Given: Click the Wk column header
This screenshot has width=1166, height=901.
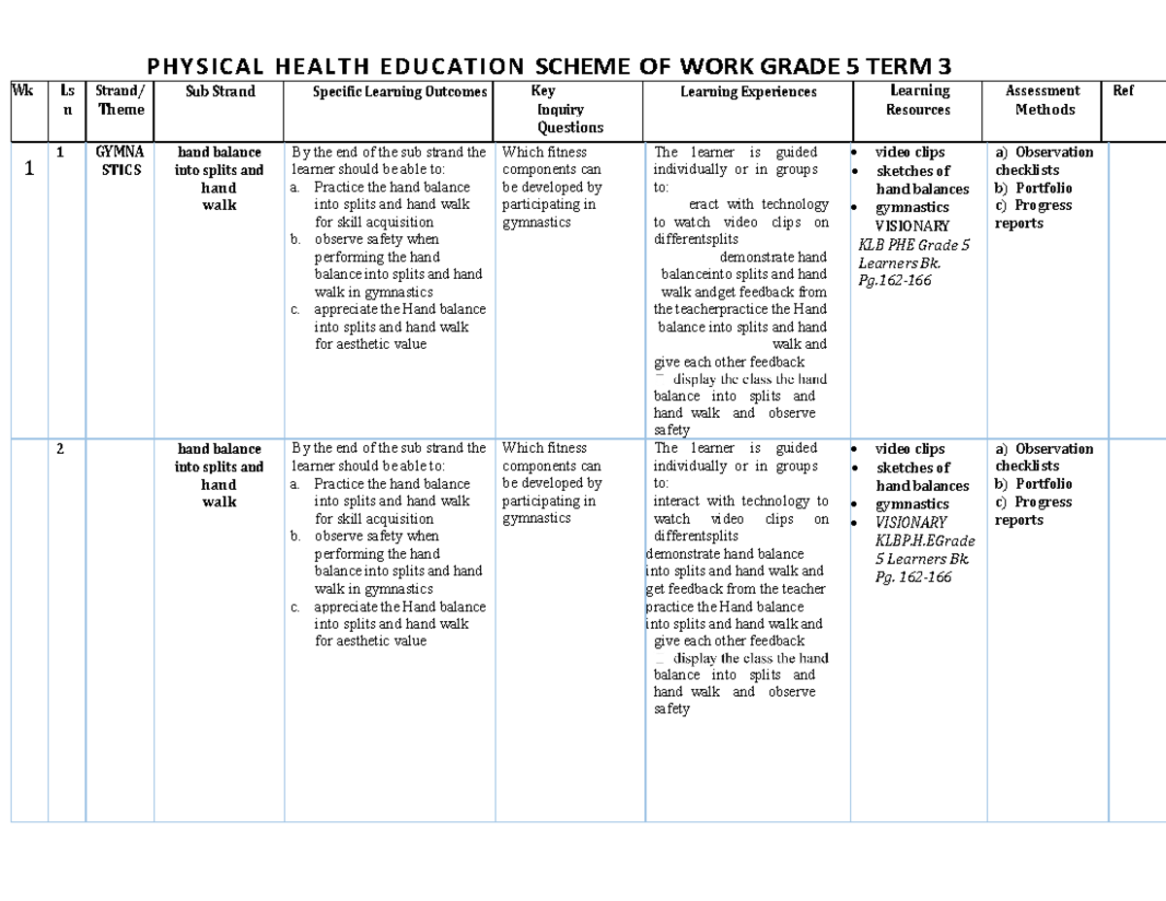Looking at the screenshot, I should coord(20,91).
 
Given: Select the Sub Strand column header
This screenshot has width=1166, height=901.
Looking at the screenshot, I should coord(221,91).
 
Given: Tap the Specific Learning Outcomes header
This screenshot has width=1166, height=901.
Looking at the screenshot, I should coord(386,92).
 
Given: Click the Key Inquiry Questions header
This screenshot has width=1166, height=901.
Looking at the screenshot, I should coord(570,109).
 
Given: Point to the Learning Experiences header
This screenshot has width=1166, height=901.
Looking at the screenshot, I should coord(749,92).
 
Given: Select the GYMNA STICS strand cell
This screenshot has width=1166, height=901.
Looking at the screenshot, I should coord(120,160).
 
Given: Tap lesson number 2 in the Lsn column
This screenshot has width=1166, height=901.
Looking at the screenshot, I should coord(60,449).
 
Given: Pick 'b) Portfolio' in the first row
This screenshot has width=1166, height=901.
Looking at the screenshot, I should coord(1033,188).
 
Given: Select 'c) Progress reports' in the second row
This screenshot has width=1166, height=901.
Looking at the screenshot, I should coord(1032,511).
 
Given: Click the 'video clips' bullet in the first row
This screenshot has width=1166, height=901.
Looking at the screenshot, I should coord(909,153).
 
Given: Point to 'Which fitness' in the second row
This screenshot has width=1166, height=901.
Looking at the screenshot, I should coord(544,448).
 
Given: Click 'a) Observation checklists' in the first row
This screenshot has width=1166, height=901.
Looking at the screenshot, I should coord(1044,160).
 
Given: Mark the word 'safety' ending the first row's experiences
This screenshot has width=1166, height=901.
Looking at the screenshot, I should coord(671,431).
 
